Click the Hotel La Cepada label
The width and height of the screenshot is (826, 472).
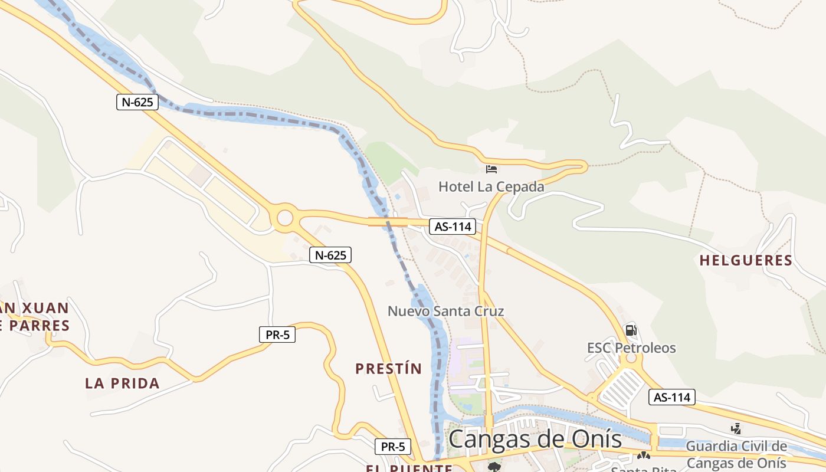(x=491, y=187)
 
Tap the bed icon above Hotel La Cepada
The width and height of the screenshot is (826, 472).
(x=491, y=170)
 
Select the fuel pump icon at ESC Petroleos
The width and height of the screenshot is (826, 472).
(x=631, y=330)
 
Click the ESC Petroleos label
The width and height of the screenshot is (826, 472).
(x=631, y=348)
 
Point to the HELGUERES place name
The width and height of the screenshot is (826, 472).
(x=746, y=260)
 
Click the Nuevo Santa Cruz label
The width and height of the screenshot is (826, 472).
(x=445, y=311)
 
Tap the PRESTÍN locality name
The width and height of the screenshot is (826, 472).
(x=388, y=369)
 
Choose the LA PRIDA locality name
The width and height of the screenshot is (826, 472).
(x=122, y=383)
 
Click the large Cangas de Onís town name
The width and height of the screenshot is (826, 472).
(x=535, y=440)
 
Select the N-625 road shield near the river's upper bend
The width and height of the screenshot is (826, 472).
(x=137, y=102)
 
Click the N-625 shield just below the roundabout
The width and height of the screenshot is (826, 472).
(x=330, y=255)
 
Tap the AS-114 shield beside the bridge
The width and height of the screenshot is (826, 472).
(x=453, y=227)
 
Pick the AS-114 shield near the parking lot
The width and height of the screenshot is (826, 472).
(x=672, y=397)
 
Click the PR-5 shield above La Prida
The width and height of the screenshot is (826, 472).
(x=277, y=335)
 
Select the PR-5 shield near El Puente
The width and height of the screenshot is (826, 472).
(x=393, y=447)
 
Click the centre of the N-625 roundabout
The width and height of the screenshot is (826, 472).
(x=284, y=218)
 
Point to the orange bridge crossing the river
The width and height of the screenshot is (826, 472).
(x=388, y=222)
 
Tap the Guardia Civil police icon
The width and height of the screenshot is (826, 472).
(x=736, y=428)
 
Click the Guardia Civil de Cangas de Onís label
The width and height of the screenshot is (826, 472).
(x=736, y=454)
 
